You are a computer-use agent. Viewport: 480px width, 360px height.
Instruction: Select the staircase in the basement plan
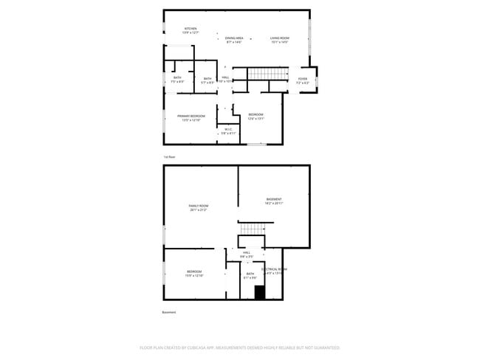click(x=252, y=230)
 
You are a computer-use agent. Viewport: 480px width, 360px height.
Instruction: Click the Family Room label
click(x=199, y=207)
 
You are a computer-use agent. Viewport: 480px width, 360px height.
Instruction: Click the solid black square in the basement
click(x=259, y=292)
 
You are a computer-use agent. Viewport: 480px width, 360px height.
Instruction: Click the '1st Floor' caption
click(x=169, y=157)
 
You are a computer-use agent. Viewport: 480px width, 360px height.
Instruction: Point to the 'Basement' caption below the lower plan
click(x=169, y=312)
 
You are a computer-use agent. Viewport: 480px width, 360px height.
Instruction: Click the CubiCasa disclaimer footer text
click(x=239, y=347)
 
